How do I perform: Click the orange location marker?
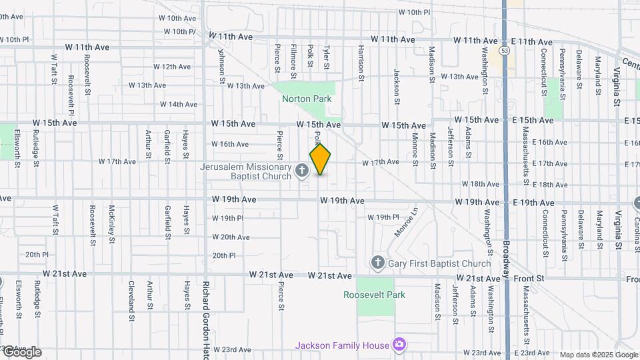pyautogui.click(x=321, y=159)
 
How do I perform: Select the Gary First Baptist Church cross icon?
pyautogui.click(x=378, y=263)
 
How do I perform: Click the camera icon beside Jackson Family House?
pyautogui.click(x=399, y=345)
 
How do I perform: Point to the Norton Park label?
pyautogui.click(x=307, y=99)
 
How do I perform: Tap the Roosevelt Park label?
pyautogui.click(x=374, y=295)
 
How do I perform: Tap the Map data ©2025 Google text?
pyautogui.click(x=597, y=355)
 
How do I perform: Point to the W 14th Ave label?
pyautogui.click(x=178, y=105)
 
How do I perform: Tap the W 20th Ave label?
pyautogui.click(x=231, y=237)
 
